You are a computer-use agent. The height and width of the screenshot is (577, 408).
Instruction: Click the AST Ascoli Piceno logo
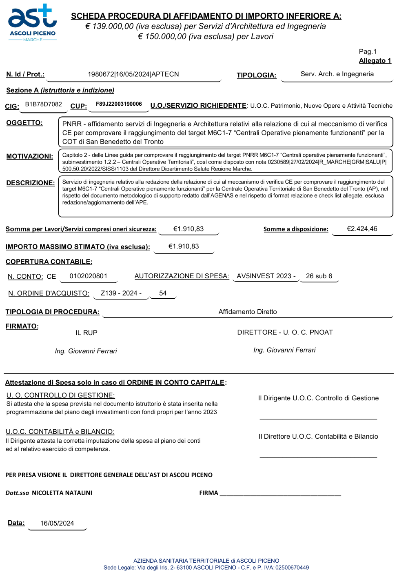click(x=32, y=23)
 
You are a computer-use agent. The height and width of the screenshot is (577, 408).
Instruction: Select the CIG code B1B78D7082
click(x=44, y=104)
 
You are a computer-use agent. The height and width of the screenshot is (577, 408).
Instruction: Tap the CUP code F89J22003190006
click(x=119, y=104)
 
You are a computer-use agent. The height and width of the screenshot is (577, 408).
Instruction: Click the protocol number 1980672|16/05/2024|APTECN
click(x=133, y=74)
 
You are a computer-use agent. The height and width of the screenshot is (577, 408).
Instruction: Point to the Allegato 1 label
click(x=375, y=61)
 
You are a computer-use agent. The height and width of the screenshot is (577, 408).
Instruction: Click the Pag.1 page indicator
click(x=368, y=51)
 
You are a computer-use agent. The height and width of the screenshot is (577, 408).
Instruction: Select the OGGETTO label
click(x=24, y=123)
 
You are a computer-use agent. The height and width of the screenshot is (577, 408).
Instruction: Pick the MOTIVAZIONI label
click(x=30, y=156)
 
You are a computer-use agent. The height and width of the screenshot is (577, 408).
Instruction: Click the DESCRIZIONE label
click(x=31, y=183)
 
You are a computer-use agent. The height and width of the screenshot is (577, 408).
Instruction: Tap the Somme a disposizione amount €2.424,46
click(x=362, y=229)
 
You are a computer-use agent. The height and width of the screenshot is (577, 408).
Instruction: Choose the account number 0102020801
click(x=89, y=276)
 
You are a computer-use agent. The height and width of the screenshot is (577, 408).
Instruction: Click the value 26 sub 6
click(x=319, y=276)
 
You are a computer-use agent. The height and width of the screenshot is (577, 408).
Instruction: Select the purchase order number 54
click(x=163, y=293)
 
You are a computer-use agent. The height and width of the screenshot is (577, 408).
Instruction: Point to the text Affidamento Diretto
click(x=248, y=312)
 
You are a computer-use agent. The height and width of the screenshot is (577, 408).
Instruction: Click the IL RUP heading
click(x=86, y=333)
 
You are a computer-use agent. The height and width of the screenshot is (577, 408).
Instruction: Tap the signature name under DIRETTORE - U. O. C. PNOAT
click(x=284, y=350)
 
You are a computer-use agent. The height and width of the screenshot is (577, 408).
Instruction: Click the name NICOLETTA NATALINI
click(x=62, y=493)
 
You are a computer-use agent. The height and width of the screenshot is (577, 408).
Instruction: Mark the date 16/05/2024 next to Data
click(x=57, y=524)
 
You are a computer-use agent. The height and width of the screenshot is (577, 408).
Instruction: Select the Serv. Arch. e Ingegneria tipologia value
click(x=337, y=74)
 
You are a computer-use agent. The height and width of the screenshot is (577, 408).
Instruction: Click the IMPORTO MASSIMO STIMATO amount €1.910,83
click(x=184, y=246)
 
